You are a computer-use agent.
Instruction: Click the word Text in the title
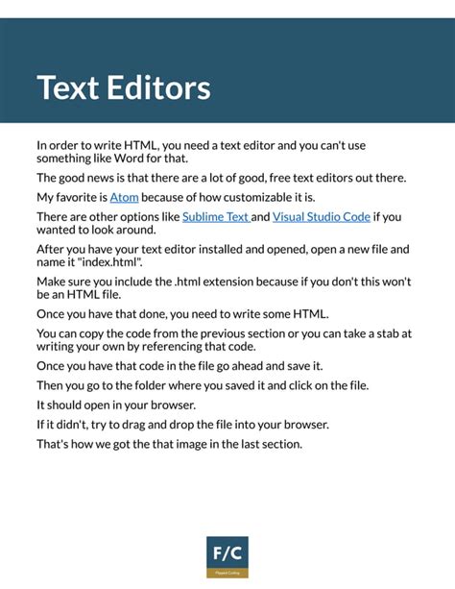(69, 87)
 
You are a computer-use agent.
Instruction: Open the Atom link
(125, 197)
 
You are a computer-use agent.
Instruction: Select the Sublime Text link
(215, 216)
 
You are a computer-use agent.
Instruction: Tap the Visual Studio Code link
(321, 216)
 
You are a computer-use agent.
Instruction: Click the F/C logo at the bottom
(227, 555)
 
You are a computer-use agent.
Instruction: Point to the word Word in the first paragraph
(128, 159)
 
